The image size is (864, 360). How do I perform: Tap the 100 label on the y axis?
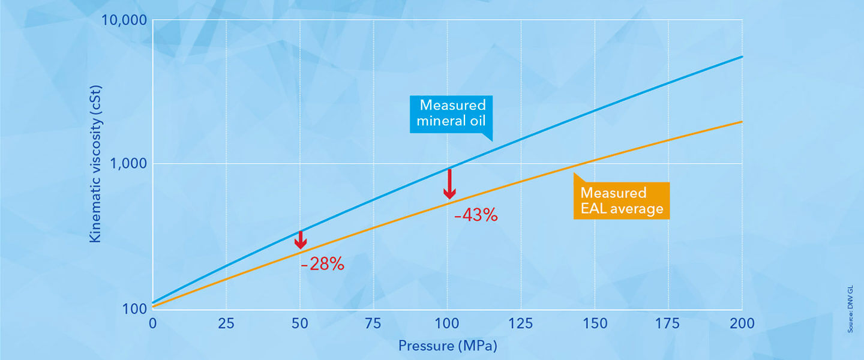[x=136, y=308]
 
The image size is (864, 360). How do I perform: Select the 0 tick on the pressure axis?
[x=153, y=323]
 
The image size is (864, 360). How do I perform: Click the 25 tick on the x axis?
[x=226, y=323]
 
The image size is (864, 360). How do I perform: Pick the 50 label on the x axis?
[x=299, y=323]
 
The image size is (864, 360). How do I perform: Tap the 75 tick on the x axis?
[x=373, y=323]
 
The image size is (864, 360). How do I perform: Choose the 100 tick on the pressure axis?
[x=447, y=323]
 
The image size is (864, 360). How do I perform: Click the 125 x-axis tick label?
[x=521, y=323]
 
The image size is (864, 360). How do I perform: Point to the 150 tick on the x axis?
[x=595, y=323]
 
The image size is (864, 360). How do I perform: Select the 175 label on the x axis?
[x=668, y=323]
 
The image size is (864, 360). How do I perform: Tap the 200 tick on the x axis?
[x=742, y=323]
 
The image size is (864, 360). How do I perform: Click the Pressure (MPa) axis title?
[x=448, y=346]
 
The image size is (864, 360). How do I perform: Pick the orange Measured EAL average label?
[x=621, y=200]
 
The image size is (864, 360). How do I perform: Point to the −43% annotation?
[x=476, y=215]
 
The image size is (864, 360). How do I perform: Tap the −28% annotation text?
[x=323, y=263]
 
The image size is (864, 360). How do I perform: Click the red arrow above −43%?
[x=449, y=184]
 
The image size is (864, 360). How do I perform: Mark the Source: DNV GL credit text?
[x=851, y=309]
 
